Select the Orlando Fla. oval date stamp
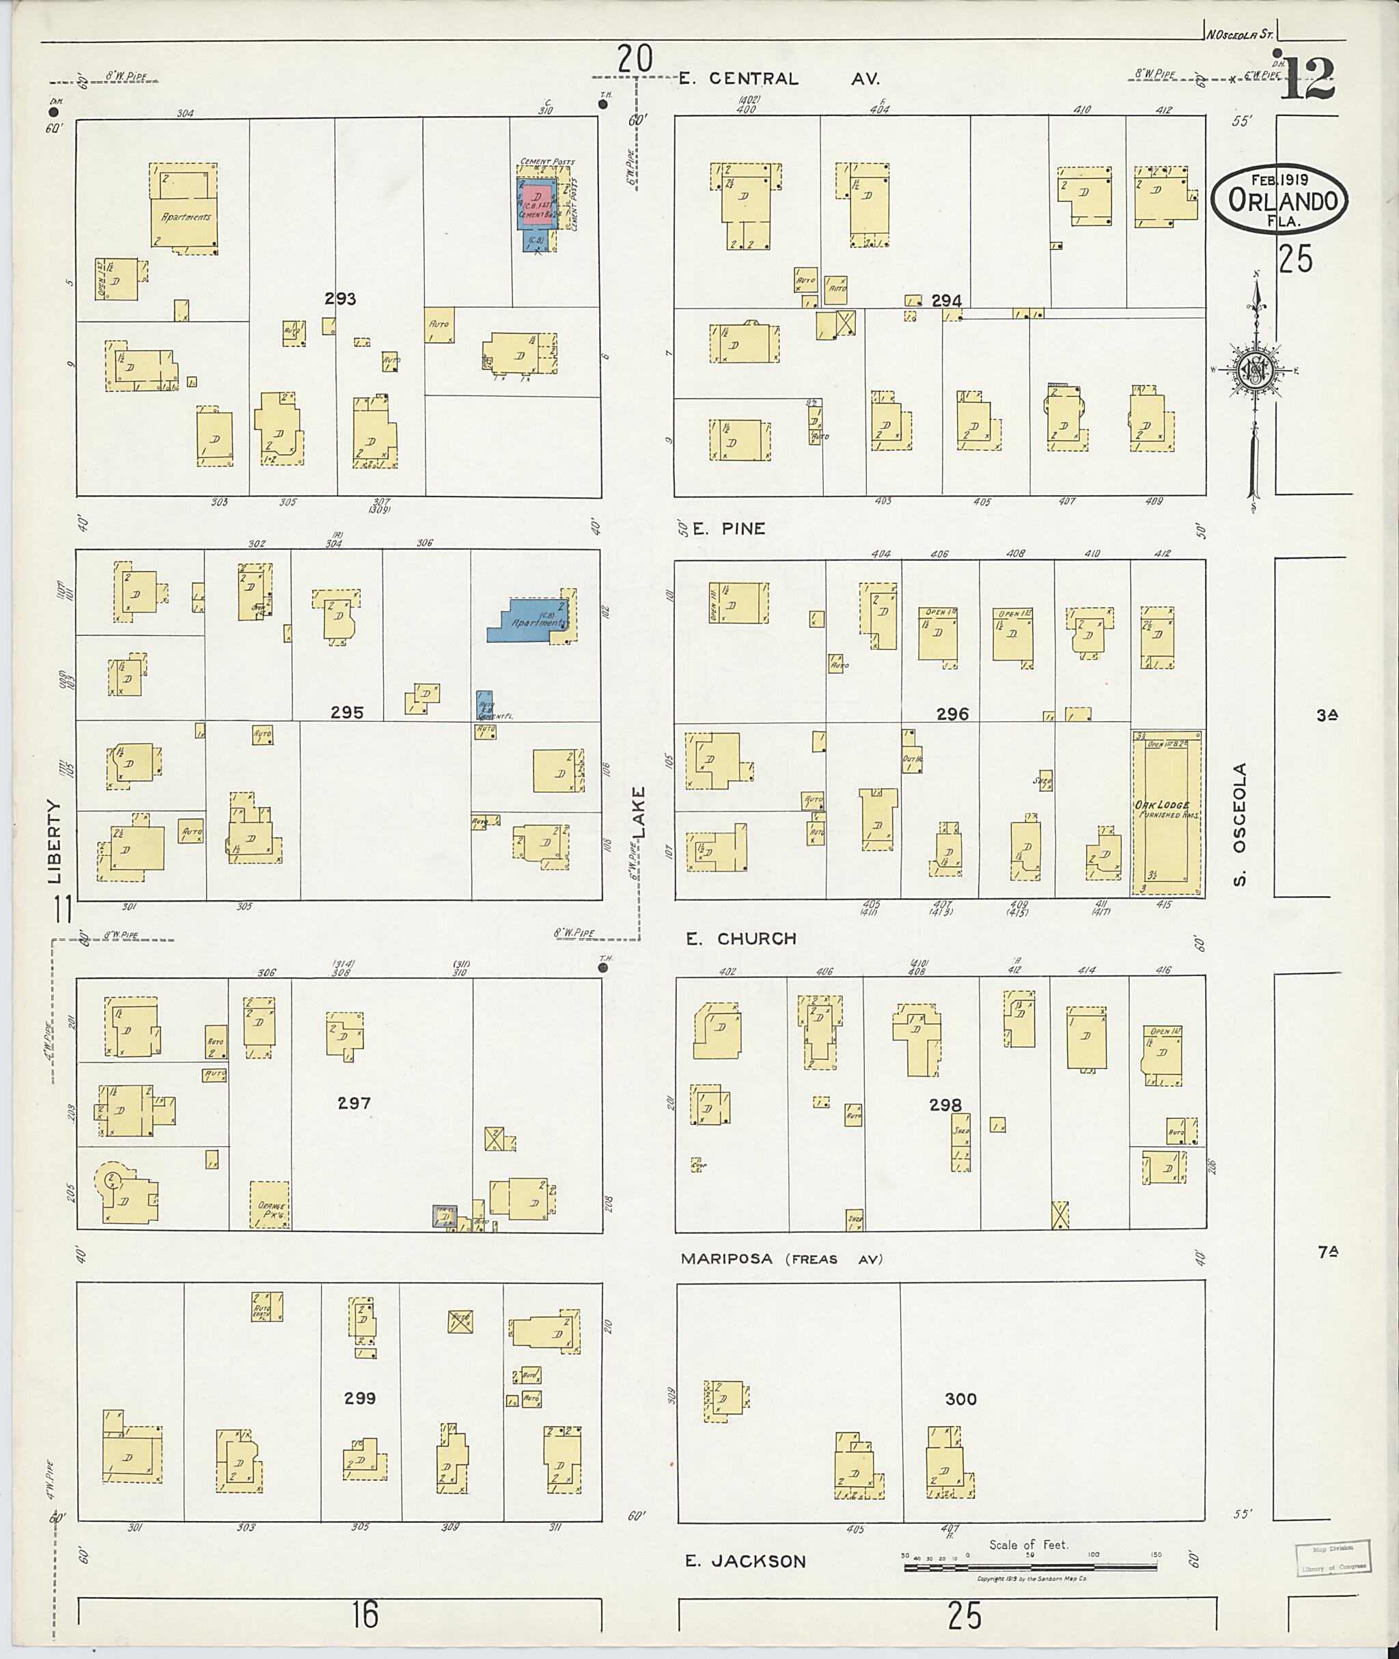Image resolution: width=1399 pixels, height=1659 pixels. pyautogui.click(x=1279, y=200)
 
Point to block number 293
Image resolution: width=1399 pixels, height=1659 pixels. pyautogui.click(x=340, y=299)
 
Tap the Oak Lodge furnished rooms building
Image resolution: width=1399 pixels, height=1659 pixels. pyautogui.click(x=1165, y=813)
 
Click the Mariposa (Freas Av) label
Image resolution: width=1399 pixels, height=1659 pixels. pyautogui.click(x=781, y=1259)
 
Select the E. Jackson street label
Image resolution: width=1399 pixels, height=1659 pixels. pyautogui.click(x=745, y=1561)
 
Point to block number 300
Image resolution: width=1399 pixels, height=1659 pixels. pyautogui.click(x=960, y=1399)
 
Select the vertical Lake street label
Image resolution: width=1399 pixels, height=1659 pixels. pyautogui.click(x=639, y=812)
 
